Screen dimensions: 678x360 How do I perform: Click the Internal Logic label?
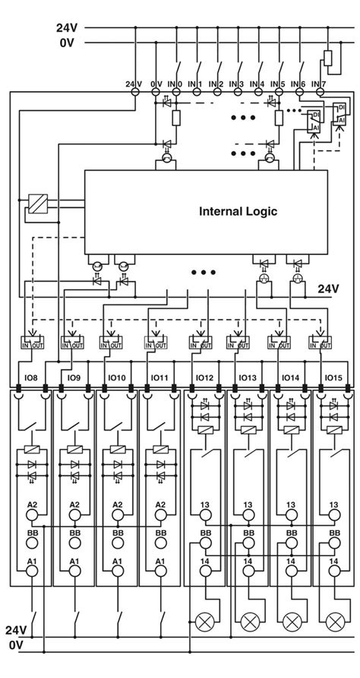click(x=238, y=211)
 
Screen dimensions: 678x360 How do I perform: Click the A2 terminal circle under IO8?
click(x=32, y=516)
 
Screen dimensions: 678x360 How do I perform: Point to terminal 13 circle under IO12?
click(x=205, y=516)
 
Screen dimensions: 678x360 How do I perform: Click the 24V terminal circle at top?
click(x=136, y=92)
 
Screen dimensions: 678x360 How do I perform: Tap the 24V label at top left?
click(x=66, y=27)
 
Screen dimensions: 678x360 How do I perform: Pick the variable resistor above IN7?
click(x=328, y=58)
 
